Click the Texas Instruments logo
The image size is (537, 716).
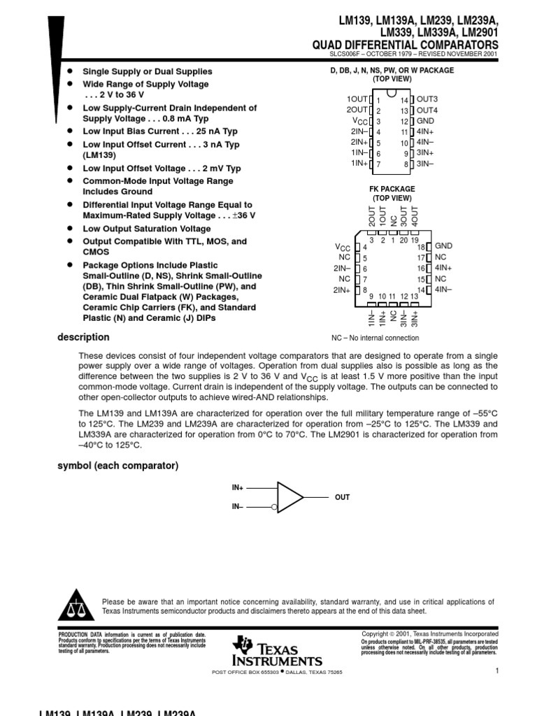click(278, 652)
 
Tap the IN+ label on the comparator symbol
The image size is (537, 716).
click(238, 487)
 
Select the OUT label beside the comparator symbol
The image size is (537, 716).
click(342, 497)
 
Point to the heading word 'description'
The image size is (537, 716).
click(83, 337)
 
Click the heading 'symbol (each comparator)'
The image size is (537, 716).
click(118, 466)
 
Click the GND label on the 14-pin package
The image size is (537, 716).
click(426, 121)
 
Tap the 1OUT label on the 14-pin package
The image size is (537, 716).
click(357, 99)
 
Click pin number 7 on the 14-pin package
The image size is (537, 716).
click(378, 164)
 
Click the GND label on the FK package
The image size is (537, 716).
click(444, 246)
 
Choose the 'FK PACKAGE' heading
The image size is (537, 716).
click(392, 189)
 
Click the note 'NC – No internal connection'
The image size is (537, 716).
click(375, 338)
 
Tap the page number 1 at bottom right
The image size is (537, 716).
click(496, 671)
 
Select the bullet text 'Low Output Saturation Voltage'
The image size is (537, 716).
click(147, 229)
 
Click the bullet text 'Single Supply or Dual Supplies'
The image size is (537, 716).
click(148, 71)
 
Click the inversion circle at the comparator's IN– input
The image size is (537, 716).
click(275, 508)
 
